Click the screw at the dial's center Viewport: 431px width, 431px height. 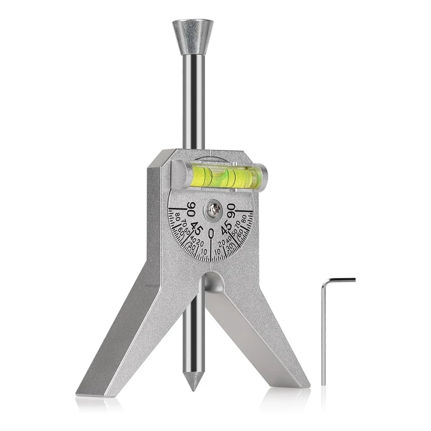[213, 210]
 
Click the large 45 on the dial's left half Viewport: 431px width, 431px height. [196, 227]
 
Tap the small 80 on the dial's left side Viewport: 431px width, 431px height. [178, 218]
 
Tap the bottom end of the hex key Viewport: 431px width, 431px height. [324, 383]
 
